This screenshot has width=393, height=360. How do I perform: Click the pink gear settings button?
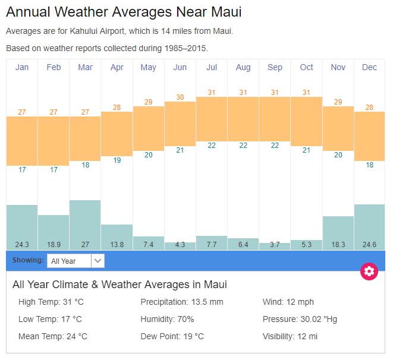[x=369, y=271]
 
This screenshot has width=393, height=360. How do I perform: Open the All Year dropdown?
[x=76, y=261]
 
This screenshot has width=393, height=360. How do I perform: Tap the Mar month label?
[x=85, y=68]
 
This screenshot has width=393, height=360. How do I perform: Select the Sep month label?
[x=275, y=68]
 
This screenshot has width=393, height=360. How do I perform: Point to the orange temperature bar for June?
[x=180, y=124]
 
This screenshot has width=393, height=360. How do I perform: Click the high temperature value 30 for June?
[x=180, y=97]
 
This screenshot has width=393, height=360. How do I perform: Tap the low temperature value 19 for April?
[x=117, y=160]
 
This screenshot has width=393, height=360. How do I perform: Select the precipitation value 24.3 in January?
[x=22, y=245]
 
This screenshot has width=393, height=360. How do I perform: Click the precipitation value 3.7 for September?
[x=275, y=245]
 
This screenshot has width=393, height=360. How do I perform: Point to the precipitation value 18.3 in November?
[x=338, y=245]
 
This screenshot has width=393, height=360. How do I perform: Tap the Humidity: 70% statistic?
[x=167, y=319]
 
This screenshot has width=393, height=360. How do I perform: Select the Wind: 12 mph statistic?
[x=288, y=302]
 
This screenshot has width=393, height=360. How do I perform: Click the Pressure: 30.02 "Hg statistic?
[x=300, y=319]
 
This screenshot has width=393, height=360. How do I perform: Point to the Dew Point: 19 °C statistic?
[x=172, y=336]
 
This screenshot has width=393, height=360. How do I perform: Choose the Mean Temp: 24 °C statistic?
[x=53, y=336]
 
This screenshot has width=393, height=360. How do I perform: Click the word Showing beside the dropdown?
[x=27, y=260]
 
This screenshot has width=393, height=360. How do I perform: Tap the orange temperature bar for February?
[x=54, y=141]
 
